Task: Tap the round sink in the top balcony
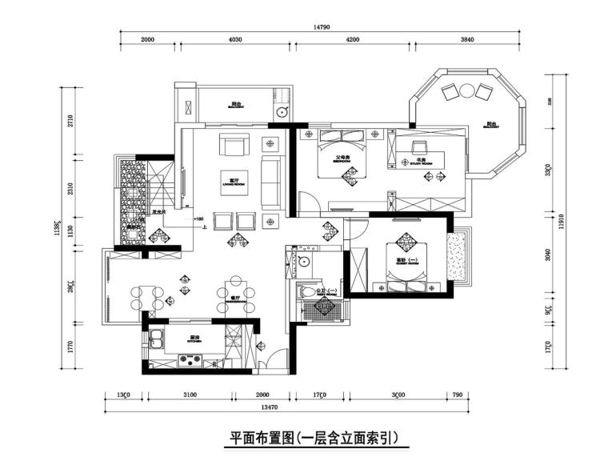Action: coord(282,113)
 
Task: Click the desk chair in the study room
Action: coord(418,146)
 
